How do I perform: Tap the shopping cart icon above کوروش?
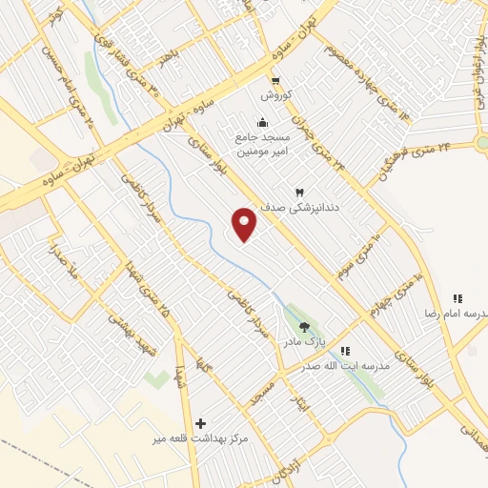275,80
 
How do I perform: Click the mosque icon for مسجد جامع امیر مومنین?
262,122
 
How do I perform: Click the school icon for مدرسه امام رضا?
457,299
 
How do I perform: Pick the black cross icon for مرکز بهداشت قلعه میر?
200,423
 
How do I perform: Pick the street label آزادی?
280,461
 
